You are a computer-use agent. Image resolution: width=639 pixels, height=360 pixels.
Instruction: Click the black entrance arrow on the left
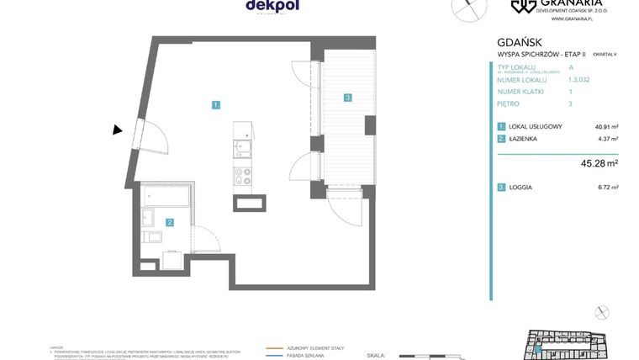pos(118,130)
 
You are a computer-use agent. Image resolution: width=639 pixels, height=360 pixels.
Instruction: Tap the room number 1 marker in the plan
pos(216,105)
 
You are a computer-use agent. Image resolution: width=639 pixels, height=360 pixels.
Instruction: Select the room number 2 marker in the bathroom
pos(170,223)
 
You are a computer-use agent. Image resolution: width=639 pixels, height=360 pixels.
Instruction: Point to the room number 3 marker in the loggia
pos(346,98)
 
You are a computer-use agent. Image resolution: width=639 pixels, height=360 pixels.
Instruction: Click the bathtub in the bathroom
pos(165,199)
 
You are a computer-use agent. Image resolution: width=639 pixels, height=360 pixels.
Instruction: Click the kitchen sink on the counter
pos(241,151)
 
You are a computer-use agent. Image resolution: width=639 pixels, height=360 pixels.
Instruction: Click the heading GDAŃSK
pos(519,42)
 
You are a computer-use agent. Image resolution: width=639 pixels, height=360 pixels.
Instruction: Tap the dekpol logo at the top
pos(272,6)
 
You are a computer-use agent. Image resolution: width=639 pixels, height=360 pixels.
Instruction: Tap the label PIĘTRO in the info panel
pos(508,104)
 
